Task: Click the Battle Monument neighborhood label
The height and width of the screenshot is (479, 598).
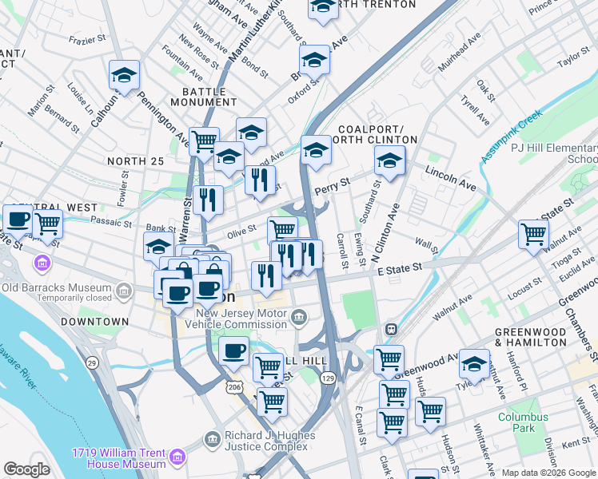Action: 203,97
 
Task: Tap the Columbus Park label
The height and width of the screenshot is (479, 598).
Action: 524,422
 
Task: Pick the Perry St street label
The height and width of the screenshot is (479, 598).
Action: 333,186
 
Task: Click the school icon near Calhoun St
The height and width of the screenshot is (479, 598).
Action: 124,76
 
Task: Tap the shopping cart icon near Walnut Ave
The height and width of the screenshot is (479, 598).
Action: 533,234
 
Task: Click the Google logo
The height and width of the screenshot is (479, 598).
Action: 26,469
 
